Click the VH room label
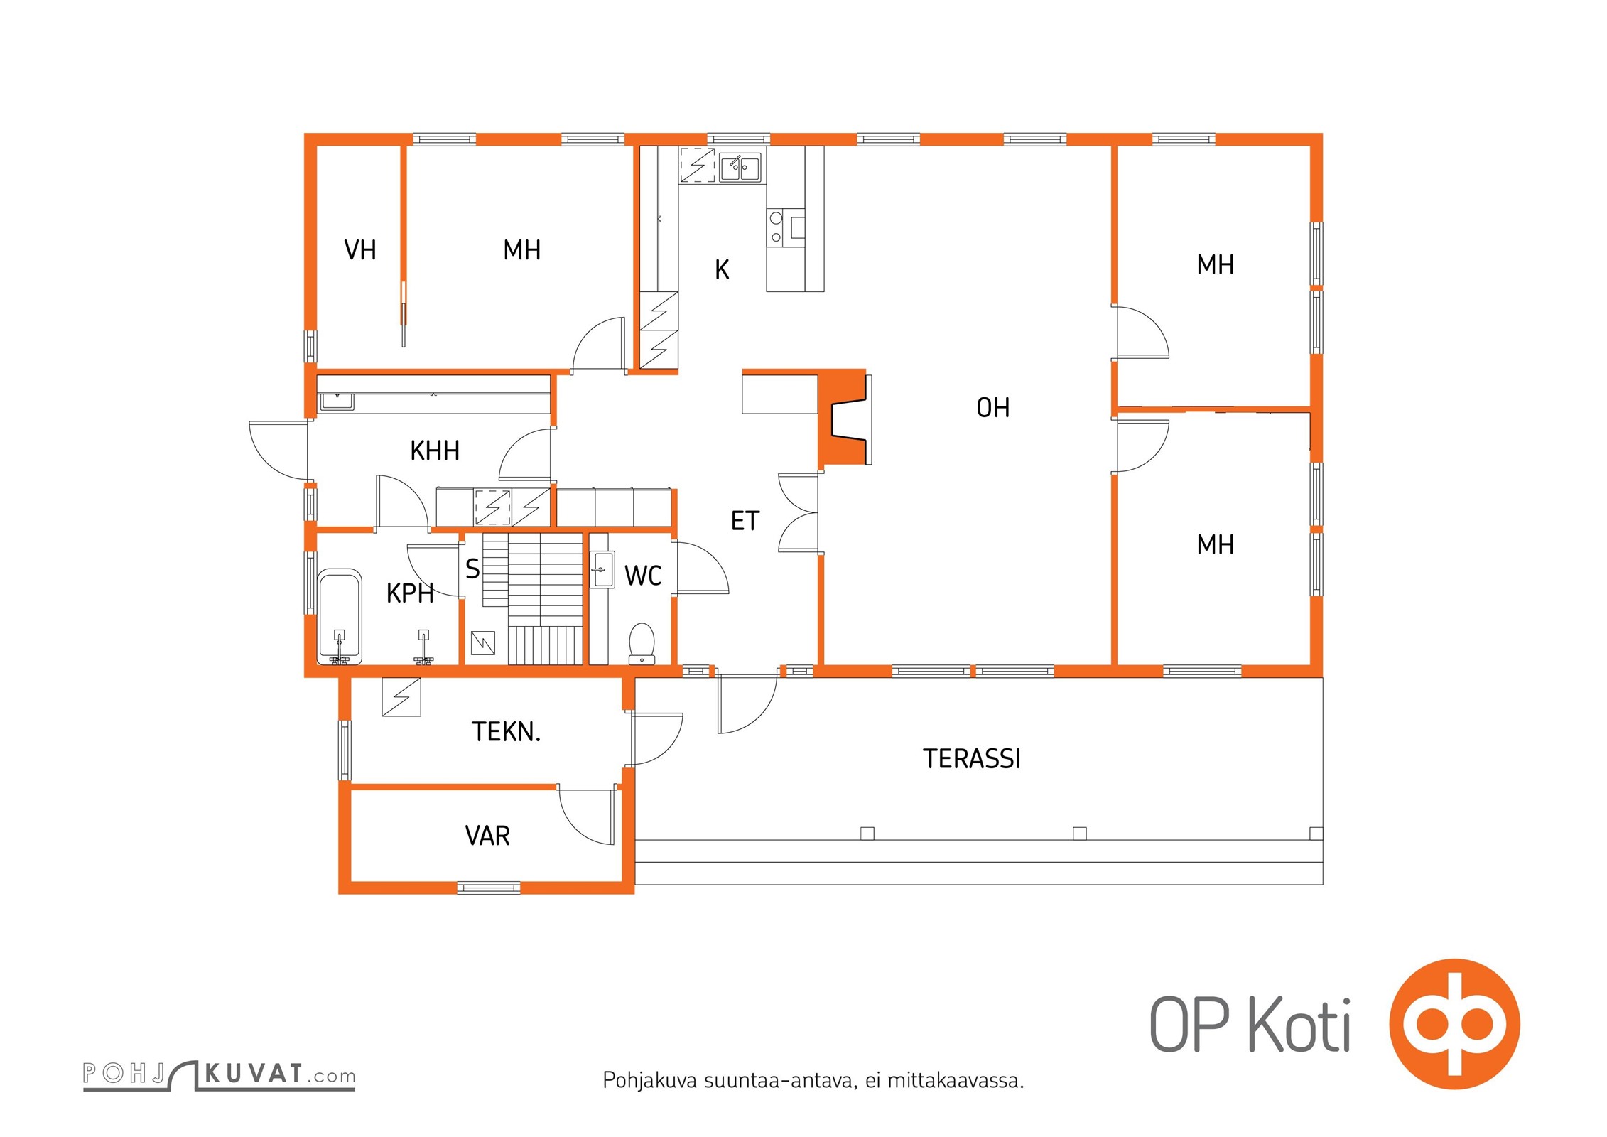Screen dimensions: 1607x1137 point(360,250)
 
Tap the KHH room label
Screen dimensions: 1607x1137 point(435,451)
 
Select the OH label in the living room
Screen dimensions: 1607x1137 point(992,408)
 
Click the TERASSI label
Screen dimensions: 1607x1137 point(972,759)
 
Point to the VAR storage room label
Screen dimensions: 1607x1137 point(487,836)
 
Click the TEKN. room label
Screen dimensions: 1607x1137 point(506,732)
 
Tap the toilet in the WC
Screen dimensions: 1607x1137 point(642,644)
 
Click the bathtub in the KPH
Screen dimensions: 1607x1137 point(340,617)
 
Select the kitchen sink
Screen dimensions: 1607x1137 point(740,168)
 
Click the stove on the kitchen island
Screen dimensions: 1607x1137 point(786,227)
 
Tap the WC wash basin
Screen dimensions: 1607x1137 point(602,569)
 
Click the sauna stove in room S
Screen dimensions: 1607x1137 point(483,644)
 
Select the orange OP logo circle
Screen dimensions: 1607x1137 point(1454,1024)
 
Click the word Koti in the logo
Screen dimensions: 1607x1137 point(1299,1025)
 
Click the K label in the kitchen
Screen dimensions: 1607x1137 point(722,270)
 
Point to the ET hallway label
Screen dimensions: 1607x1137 point(745,521)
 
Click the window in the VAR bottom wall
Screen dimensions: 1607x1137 point(489,887)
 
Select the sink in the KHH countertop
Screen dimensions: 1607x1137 point(337,402)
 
